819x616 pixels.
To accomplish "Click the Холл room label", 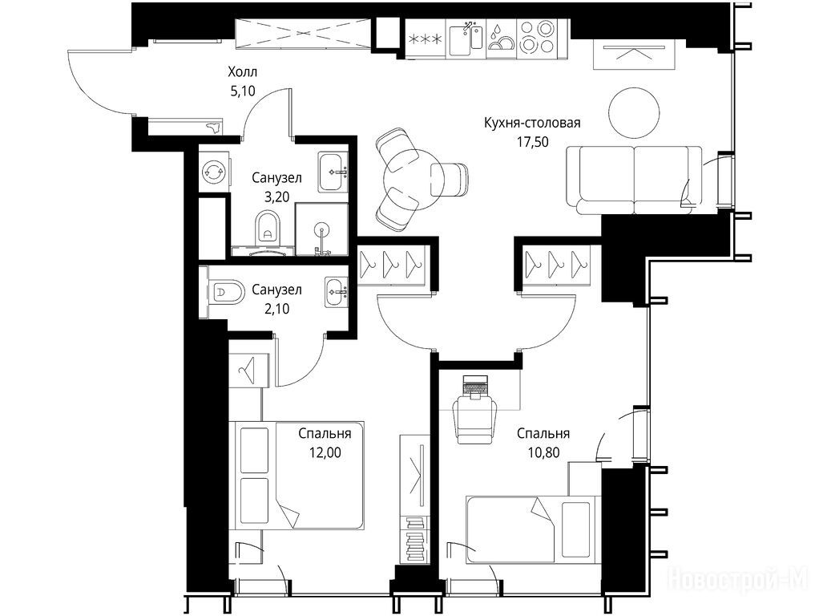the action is [x=243, y=71].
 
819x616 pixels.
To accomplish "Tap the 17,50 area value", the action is [x=533, y=142].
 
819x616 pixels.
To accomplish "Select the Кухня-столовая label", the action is [x=532, y=123].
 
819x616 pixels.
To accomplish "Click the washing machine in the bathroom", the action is [x=214, y=170].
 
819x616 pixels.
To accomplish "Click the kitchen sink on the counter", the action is [x=466, y=38].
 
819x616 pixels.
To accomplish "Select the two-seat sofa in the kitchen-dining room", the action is [x=634, y=180].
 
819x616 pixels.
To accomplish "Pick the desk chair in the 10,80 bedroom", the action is [x=474, y=419].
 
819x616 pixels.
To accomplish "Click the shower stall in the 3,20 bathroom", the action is [x=322, y=229].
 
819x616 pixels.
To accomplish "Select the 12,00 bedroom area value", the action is [x=325, y=452].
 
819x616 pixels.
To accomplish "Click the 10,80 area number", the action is [x=543, y=452].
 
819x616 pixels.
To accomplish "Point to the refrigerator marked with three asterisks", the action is [x=426, y=38].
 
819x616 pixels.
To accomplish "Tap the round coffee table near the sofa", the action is [x=634, y=112].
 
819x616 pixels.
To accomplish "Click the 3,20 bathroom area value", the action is [x=276, y=197].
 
